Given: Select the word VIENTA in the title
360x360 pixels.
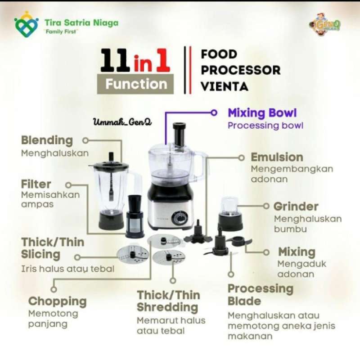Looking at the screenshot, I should click(x=224, y=85).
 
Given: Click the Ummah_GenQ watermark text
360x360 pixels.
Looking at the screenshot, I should click(x=121, y=121).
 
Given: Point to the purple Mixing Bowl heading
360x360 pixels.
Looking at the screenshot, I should click(x=262, y=112).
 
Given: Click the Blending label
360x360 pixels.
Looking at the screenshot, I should click(x=46, y=140).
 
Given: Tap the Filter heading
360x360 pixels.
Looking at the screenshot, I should click(x=36, y=184).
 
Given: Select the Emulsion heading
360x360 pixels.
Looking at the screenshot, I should click(x=277, y=157).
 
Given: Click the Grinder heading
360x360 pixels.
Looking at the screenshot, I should click(x=296, y=207).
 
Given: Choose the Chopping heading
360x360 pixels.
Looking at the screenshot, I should click(x=57, y=301).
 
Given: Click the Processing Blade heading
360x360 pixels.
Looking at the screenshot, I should click(x=260, y=295).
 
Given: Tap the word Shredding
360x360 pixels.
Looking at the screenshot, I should click(x=167, y=308).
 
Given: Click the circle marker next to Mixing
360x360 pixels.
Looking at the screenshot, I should click(x=267, y=252).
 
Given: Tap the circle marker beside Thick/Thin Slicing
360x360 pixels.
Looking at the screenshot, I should click(x=77, y=257).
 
